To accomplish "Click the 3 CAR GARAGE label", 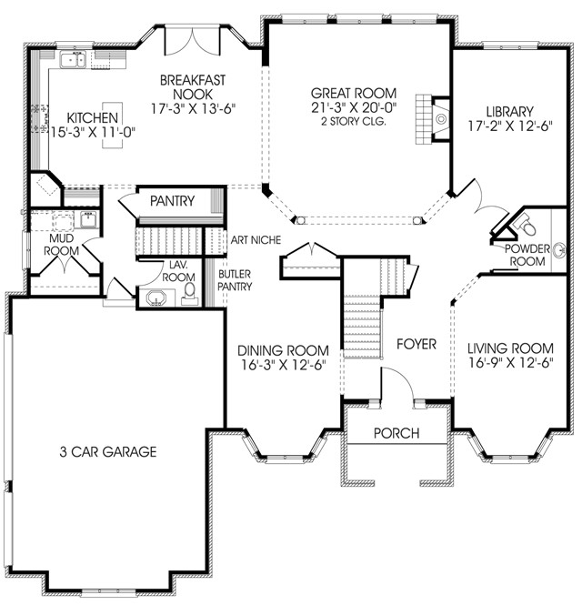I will (108, 451).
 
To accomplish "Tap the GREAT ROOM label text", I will (354, 93).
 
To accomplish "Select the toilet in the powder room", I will (528, 223).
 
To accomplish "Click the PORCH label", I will (396, 433).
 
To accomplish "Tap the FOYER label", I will (416, 345).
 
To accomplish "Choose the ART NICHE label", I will (255, 240).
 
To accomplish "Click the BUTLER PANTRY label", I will (234, 279).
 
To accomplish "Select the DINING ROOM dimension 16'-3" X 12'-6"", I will (282, 366).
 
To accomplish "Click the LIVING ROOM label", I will (510, 348).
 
